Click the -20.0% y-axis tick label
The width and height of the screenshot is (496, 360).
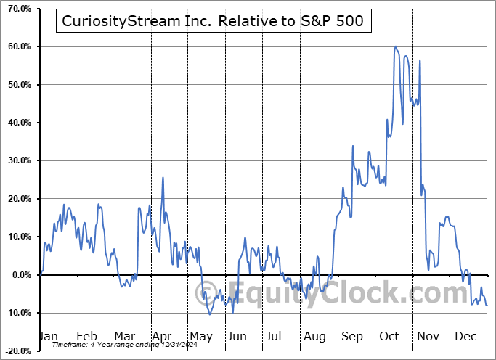17,351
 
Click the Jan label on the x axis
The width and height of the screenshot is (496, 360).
47,337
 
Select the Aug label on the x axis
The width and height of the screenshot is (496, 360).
315,337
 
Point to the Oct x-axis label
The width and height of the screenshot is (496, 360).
390,337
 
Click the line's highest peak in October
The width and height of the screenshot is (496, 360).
395,46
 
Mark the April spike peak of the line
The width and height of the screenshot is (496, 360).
163,177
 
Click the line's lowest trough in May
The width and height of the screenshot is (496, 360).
210,314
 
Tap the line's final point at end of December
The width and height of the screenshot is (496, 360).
487,306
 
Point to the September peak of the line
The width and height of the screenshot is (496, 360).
353,145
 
